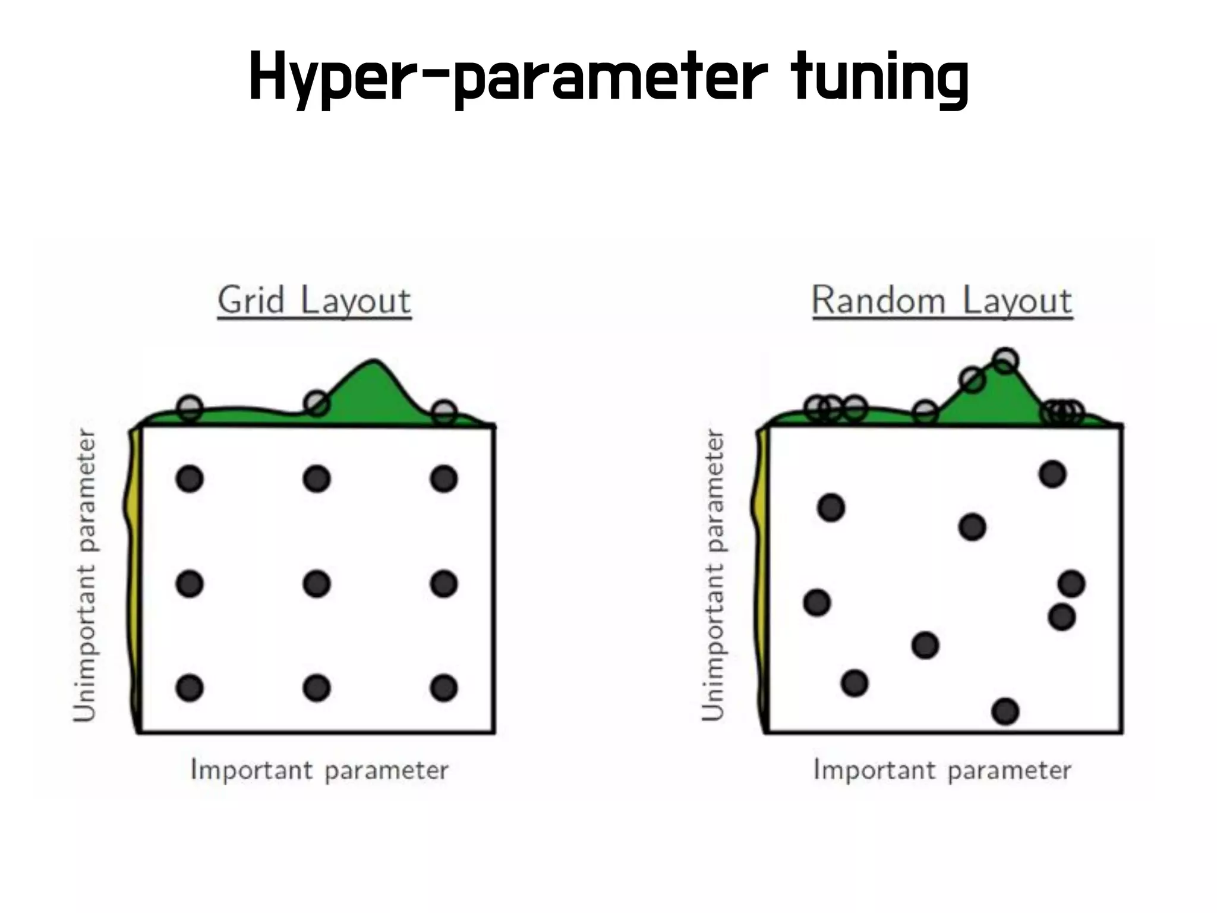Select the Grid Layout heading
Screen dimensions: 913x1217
[314, 301]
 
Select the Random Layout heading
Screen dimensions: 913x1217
[942, 301]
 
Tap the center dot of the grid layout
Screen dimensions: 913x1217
[317, 584]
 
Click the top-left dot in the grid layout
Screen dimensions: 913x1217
[190, 478]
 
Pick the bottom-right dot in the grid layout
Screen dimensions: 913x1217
[444, 688]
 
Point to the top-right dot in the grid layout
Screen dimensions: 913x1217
[444, 478]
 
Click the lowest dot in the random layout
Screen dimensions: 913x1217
[1005, 711]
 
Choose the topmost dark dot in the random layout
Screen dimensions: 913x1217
[1052, 474]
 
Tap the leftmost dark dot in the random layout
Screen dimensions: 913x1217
[817, 603]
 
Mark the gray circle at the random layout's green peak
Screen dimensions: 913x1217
[1005, 361]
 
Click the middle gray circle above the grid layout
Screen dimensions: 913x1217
[317, 403]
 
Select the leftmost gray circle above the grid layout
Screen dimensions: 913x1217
[190, 408]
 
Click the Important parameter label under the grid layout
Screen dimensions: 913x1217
[319, 770]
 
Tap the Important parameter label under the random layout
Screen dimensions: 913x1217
[942, 770]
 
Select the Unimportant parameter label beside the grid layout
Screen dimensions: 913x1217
[84, 575]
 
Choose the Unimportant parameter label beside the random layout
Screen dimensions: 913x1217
[712, 575]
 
